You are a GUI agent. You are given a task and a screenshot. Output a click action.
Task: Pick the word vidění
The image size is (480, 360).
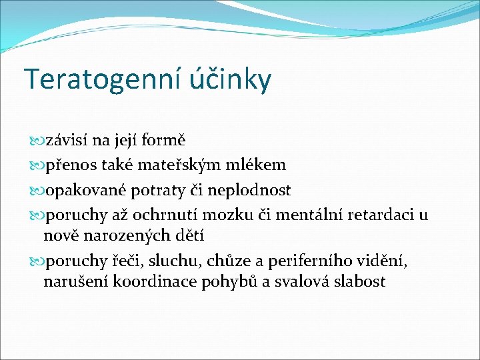[383, 261]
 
